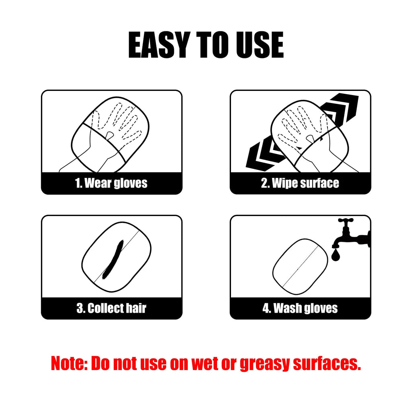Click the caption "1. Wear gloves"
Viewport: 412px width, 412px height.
[111, 183]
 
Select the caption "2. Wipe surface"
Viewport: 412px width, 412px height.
[300, 183]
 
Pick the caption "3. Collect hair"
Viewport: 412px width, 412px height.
[111, 309]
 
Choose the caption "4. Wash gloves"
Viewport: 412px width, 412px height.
[300, 309]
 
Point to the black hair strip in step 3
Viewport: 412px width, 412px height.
[112, 260]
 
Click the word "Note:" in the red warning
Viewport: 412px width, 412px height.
[69, 363]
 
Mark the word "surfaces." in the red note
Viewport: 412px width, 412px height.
[326, 363]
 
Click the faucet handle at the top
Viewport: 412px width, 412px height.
[346, 221]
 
